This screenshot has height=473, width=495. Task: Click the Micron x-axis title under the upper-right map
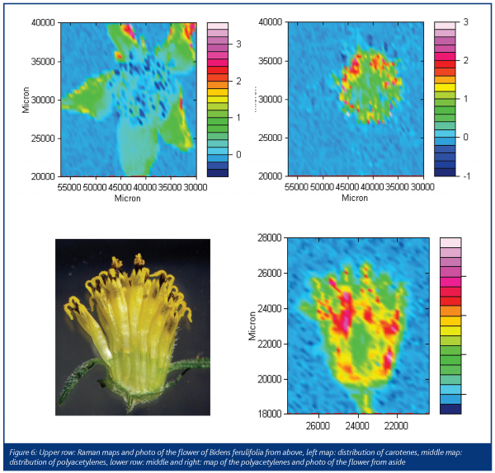(355, 198)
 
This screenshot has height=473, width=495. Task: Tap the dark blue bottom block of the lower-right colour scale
(451, 408)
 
